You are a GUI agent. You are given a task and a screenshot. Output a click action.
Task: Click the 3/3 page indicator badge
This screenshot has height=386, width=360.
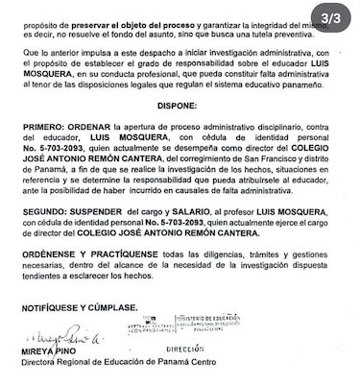[x=337, y=18]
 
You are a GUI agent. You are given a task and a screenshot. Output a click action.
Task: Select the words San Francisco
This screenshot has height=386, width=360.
[x=269, y=176]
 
